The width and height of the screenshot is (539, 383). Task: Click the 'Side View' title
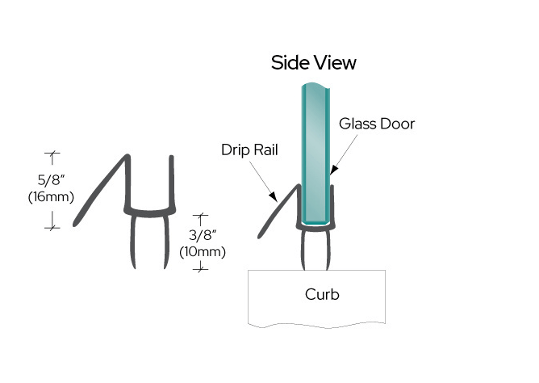coord(314,62)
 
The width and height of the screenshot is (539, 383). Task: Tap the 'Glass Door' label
coord(376,124)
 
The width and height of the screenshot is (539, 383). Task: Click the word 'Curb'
coord(322,293)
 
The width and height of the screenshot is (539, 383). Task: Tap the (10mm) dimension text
coord(202,251)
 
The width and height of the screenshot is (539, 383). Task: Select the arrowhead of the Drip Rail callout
coord(276,196)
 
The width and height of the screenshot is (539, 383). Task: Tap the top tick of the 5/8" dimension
coord(53,152)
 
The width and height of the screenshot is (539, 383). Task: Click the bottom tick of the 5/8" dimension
coord(53,228)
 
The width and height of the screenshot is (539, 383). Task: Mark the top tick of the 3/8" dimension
coord(202,215)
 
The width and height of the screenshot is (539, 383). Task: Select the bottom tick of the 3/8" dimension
coord(202,268)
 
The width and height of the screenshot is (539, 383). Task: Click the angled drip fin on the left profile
coord(101,191)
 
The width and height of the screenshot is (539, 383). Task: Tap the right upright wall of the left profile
coord(169,182)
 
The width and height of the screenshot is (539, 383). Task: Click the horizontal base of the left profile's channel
coord(149,212)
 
